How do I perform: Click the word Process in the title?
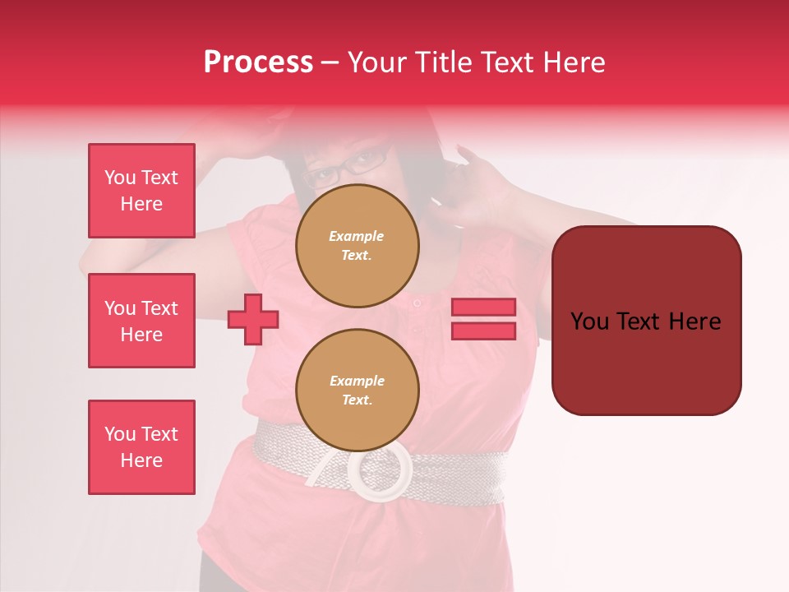click(258, 62)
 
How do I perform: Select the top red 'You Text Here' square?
click(141, 191)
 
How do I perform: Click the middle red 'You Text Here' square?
click(141, 321)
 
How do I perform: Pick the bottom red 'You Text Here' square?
click(141, 446)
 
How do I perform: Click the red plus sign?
click(252, 319)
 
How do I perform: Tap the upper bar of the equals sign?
click(483, 307)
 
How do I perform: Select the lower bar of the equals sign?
click(483, 331)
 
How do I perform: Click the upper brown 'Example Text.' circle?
click(358, 245)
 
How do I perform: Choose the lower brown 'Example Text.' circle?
click(358, 390)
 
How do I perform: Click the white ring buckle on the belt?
click(380, 472)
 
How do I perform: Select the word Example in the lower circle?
click(357, 381)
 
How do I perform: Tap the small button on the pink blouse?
click(417, 303)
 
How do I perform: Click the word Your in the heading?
click(378, 62)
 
